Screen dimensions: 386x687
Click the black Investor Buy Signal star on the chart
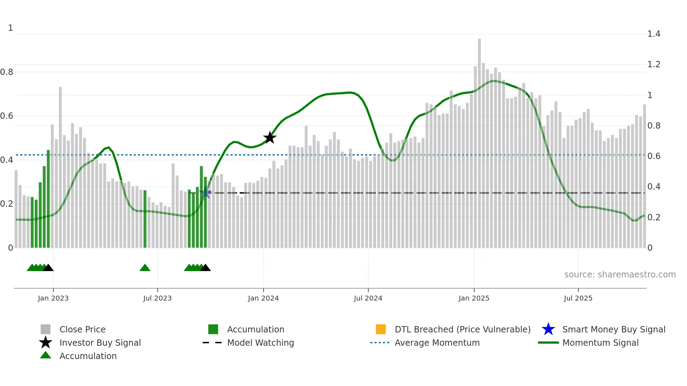pos(270,138)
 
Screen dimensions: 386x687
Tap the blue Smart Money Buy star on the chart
pos(206,193)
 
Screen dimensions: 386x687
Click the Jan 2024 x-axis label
pos(263,298)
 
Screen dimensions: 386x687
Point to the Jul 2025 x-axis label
pos(578,298)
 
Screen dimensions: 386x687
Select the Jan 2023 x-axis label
pos(53,298)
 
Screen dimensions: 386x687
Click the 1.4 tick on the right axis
pos(653,34)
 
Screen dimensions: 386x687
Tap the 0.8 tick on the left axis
pos(7,72)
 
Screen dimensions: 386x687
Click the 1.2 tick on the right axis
pos(653,64)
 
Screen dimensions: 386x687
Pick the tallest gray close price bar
pos(479,140)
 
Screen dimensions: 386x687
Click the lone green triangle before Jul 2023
pos(145,268)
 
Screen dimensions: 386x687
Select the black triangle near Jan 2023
pos(48,268)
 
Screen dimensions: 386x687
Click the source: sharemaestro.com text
pos(620,275)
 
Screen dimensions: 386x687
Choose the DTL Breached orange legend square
pos(381,329)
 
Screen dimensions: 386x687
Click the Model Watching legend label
pos(260,343)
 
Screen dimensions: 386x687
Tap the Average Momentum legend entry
pos(437,343)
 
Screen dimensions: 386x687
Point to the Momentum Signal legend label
pos(600,343)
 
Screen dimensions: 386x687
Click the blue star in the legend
pos(548,329)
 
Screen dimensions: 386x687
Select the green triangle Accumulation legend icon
pos(46,356)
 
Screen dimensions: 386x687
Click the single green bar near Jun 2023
pos(145,219)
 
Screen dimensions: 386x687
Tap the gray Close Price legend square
pos(46,329)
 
